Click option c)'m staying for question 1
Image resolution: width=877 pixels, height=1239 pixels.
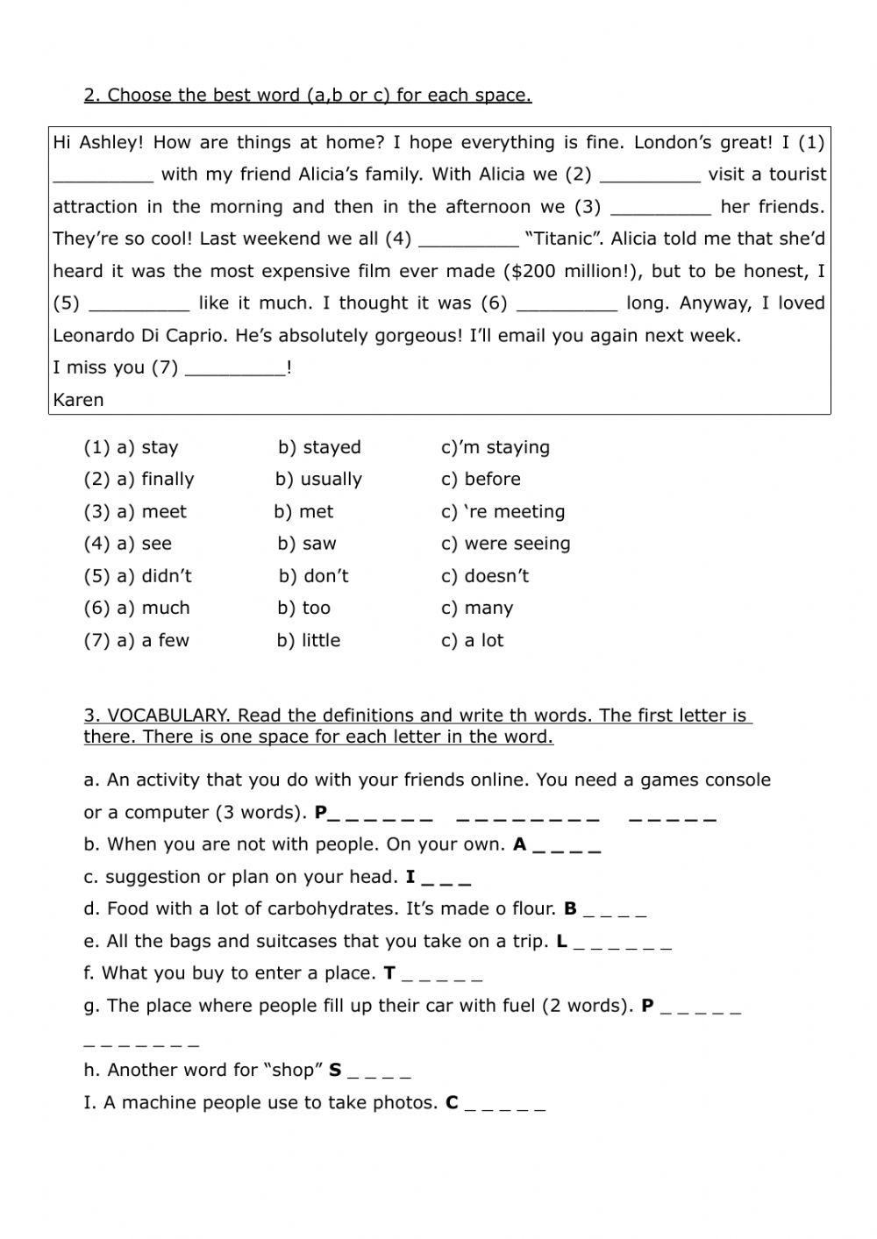(496, 447)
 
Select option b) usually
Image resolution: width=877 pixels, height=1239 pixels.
(318, 480)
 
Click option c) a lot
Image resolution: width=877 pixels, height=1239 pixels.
(473, 640)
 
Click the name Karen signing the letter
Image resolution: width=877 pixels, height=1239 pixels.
(78, 400)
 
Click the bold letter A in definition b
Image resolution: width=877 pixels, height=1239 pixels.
(520, 844)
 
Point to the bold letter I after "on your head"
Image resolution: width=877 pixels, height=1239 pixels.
(410, 877)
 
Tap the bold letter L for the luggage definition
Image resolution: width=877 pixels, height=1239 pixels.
(562, 942)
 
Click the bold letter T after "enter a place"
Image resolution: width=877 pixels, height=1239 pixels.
(389, 973)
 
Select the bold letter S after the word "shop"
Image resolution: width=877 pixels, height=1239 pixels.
(335, 1070)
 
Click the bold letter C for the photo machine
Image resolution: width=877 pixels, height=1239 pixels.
(452, 1102)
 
